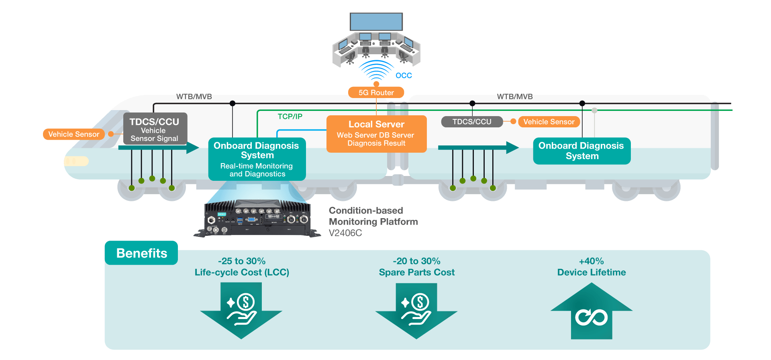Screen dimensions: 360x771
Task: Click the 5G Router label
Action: click(x=376, y=92)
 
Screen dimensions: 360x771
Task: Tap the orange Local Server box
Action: click(x=376, y=134)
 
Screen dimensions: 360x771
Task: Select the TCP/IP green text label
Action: click(x=290, y=117)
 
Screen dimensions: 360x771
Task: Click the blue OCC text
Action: click(x=404, y=76)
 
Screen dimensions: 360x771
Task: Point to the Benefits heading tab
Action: click(x=141, y=253)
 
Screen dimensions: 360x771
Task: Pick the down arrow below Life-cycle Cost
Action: click(x=241, y=309)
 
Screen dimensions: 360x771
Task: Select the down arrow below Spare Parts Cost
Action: click(x=416, y=309)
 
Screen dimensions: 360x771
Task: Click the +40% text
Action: click(x=592, y=261)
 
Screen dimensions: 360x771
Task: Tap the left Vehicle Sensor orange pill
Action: click(x=74, y=134)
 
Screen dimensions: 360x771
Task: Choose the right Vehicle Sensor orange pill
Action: click(x=549, y=122)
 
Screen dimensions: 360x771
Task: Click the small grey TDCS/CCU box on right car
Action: click(x=472, y=122)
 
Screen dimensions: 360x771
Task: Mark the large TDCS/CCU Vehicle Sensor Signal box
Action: click(x=155, y=129)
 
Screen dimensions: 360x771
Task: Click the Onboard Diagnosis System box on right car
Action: click(x=581, y=151)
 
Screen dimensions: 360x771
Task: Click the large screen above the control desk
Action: click(x=376, y=22)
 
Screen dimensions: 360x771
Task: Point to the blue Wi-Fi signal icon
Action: click(x=376, y=70)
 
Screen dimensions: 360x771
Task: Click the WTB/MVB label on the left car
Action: click(x=194, y=97)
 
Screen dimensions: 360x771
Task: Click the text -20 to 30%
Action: click(x=416, y=261)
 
